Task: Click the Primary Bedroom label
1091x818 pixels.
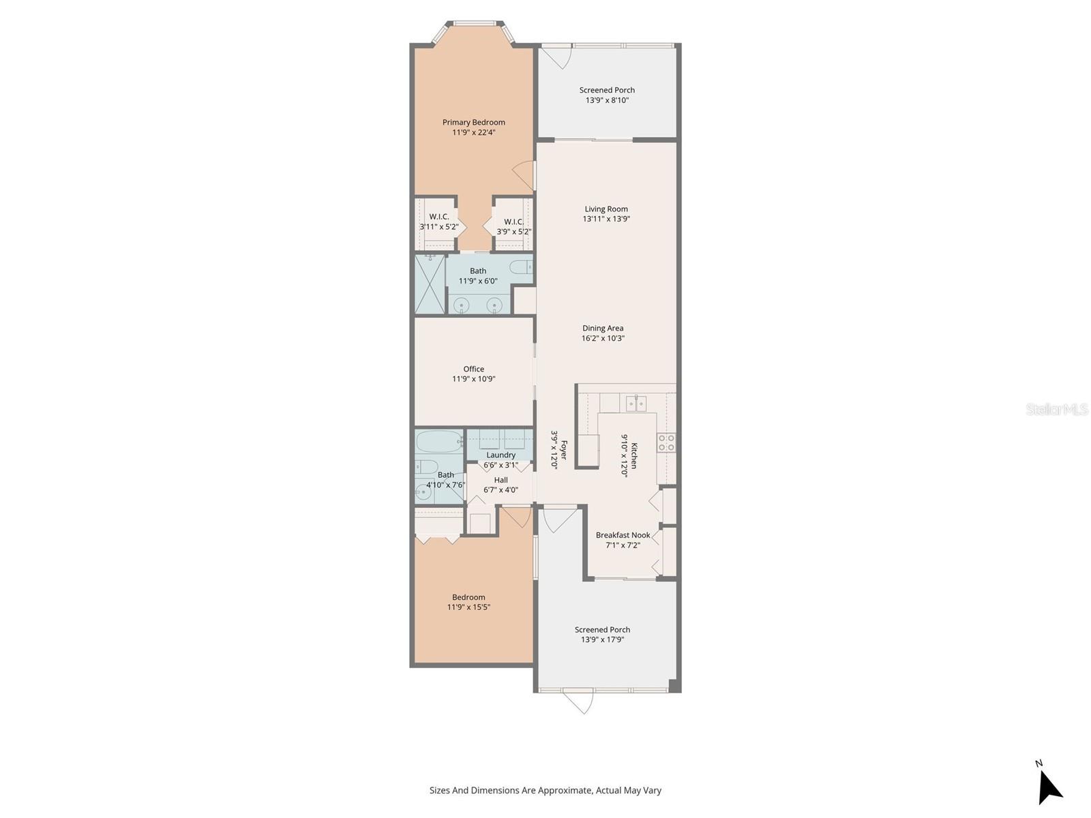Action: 473,123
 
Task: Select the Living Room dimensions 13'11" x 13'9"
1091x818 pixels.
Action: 606,219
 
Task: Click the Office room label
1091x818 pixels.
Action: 473,369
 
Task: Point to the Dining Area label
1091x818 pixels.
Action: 603,328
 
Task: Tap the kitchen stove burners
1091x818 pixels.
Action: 666,443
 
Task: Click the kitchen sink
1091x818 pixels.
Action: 636,404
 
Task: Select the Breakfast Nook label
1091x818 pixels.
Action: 623,535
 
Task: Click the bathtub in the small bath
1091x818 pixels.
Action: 439,442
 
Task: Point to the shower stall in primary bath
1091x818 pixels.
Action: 430,284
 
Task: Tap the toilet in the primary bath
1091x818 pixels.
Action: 521,267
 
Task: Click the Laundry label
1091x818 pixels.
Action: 500,455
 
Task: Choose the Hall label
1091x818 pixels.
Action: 500,480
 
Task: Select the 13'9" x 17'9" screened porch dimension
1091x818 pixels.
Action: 602,640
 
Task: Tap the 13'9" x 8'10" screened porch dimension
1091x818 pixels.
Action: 607,100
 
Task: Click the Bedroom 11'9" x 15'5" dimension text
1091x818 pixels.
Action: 468,607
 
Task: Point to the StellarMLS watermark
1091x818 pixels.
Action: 1058,409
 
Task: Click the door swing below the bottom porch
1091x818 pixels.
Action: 578,702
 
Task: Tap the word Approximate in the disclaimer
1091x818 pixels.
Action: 565,791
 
